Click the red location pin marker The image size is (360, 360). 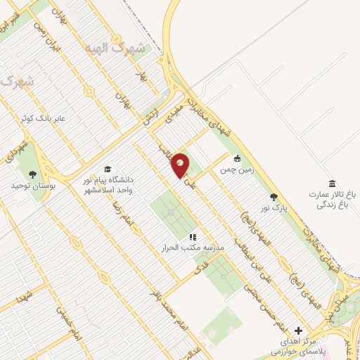click(180, 166)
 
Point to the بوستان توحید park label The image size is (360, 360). click(29, 186)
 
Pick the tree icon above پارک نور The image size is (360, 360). click(274, 198)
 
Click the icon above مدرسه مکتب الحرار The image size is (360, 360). click(193, 237)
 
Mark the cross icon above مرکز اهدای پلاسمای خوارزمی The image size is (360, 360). click(298, 330)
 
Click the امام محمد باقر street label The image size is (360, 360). click(163, 300)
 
